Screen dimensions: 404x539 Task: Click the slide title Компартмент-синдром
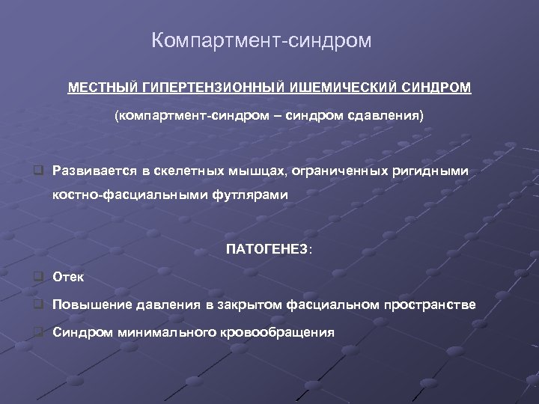coord(261,40)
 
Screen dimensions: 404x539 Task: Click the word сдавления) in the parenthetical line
coord(393,117)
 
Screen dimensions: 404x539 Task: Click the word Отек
coord(68,278)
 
